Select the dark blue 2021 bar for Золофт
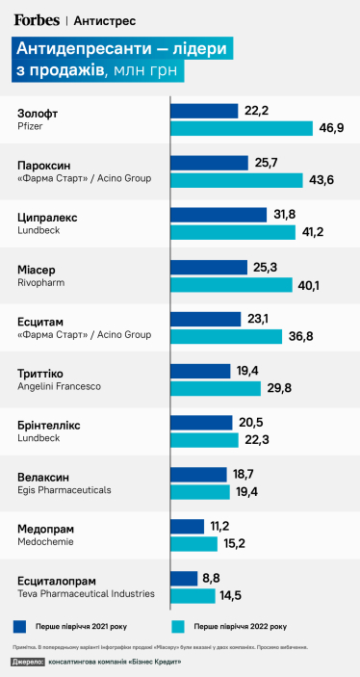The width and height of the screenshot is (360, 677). coord(204,111)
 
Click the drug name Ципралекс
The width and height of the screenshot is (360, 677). coord(48,218)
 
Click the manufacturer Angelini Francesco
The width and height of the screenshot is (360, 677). coord(59,386)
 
